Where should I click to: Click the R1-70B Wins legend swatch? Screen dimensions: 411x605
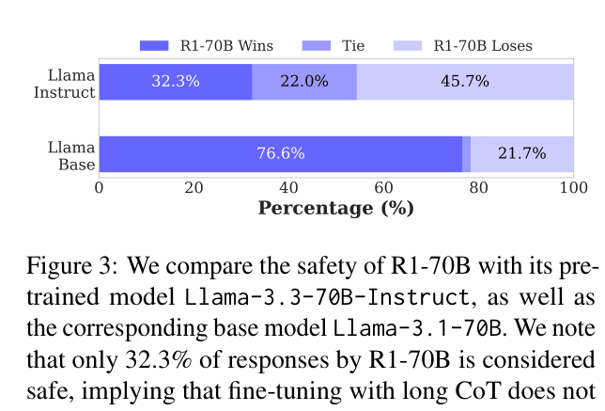154,45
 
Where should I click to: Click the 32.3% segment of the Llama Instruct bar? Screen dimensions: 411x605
176,81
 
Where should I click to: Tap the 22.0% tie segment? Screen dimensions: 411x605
304,81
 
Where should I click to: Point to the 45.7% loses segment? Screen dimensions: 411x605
465,81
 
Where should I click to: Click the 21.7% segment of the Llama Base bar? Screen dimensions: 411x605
521,153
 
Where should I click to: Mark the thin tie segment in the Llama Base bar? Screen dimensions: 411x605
466,153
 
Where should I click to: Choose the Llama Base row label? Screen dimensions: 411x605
71,154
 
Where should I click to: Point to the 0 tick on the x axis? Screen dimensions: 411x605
100,187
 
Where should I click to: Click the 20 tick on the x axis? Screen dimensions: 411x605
194,187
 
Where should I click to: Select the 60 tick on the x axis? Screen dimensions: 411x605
383,187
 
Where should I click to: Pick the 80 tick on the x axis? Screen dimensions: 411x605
478,187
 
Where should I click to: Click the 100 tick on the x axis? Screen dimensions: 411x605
572,187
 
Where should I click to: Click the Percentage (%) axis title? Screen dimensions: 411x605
335,208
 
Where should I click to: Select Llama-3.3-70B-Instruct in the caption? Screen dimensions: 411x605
326,298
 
